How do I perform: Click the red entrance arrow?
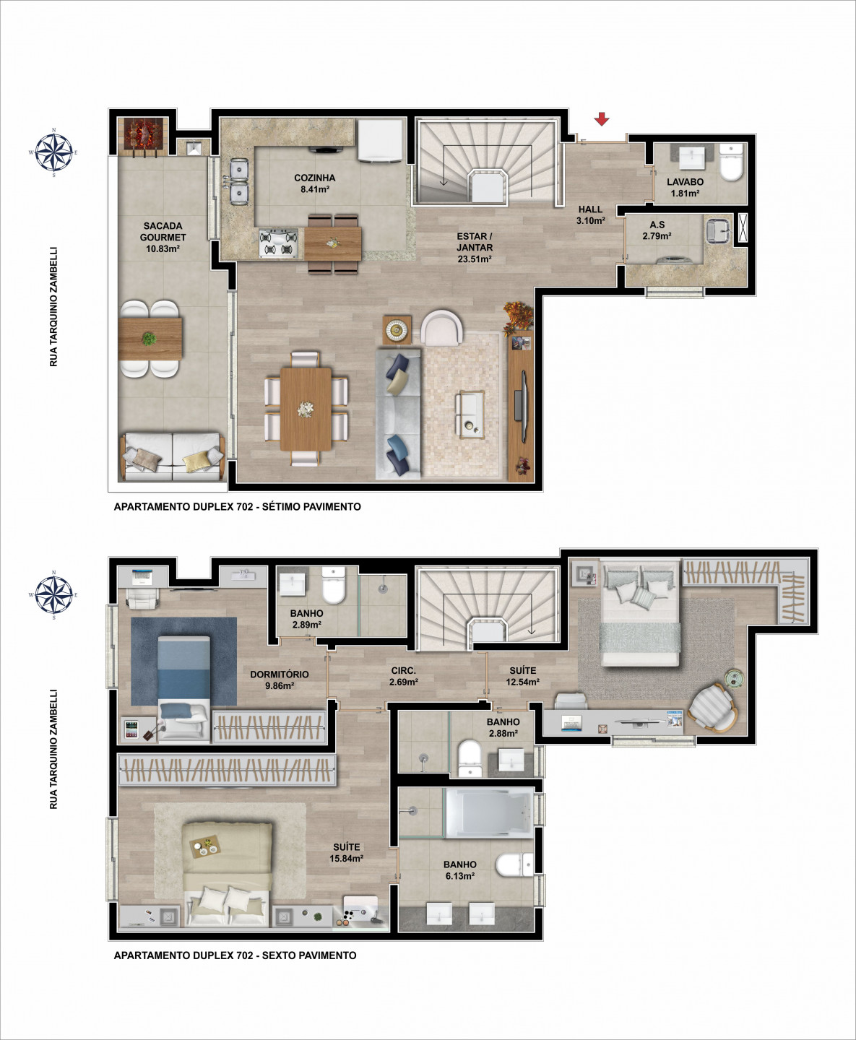point(602,119)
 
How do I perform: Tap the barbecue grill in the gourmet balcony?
point(142,137)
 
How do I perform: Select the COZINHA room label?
point(315,178)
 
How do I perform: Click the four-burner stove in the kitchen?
point(279,243)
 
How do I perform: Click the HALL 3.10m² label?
point(591,215)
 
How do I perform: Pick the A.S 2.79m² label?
point(657,230)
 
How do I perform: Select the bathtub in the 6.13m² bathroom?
point(488,812)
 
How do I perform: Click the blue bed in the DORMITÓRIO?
point(184,688)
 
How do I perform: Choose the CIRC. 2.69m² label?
point(404,676)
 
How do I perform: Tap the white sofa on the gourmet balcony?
point(172,456)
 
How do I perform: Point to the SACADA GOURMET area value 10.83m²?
point(163,249)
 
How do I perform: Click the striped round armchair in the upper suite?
point(713,707)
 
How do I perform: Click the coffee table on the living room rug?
point(470,414)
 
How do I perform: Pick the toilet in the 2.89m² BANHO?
point(334,585)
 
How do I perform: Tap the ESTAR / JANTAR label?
point(474,242)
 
